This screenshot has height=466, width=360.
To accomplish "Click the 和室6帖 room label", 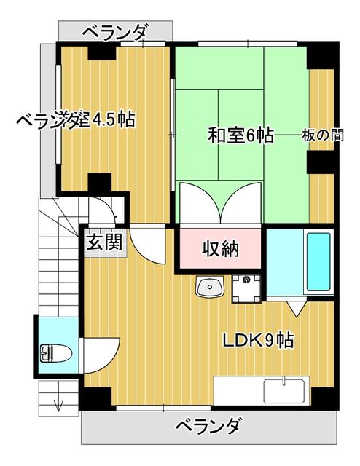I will tap(240, 135).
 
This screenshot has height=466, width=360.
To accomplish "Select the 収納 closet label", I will tap(220, 249).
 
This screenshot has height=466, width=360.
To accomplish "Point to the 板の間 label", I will tap(321, 135).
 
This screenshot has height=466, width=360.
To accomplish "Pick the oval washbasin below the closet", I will tap(208, 288).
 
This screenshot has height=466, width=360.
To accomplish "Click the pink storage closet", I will tap(220, 249).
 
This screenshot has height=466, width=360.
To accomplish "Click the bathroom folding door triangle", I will tap(297, 309).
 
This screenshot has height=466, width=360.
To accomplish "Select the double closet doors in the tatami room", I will tap(220, 201).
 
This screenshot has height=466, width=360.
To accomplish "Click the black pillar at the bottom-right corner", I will tap(321, 397).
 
